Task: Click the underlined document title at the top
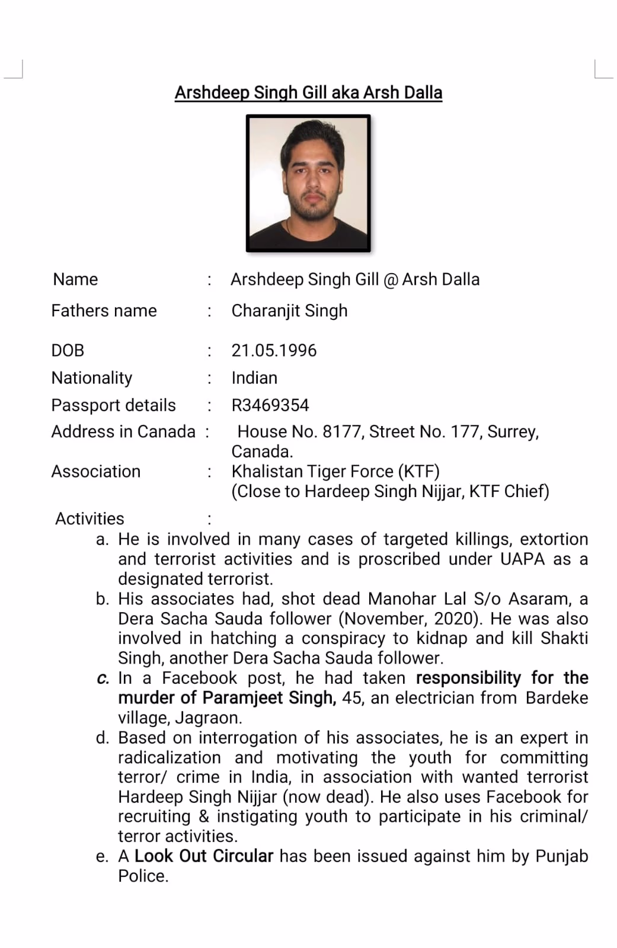click(x=308, y=93)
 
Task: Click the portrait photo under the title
click(x=308, y=183)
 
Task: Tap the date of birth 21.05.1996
click(x=274, y=350)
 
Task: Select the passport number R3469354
click(x=270, y=405)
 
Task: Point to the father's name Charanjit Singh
click(x=289, y=310)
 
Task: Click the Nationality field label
click(x=92, y=378)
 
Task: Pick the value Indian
click(x=254, y=378)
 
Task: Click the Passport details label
click(x=113, y=405)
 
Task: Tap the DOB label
click(x=68, y=350)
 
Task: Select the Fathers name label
click(x=104, y=310)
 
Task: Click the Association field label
click(x=95, y=472)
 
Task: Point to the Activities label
click(x=89, y=519)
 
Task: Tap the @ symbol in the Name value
click(x=391, y=280)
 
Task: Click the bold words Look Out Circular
click(x=204, y=856)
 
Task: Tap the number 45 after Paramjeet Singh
click(x=351, y=698)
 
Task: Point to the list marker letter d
click(x=103, y=738)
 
